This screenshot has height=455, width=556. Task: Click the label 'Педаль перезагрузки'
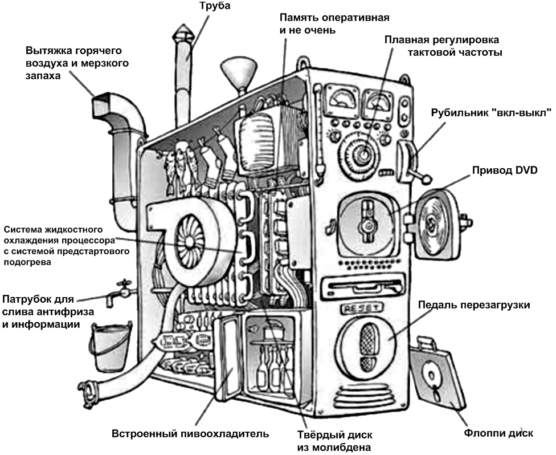click(474, 305)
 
